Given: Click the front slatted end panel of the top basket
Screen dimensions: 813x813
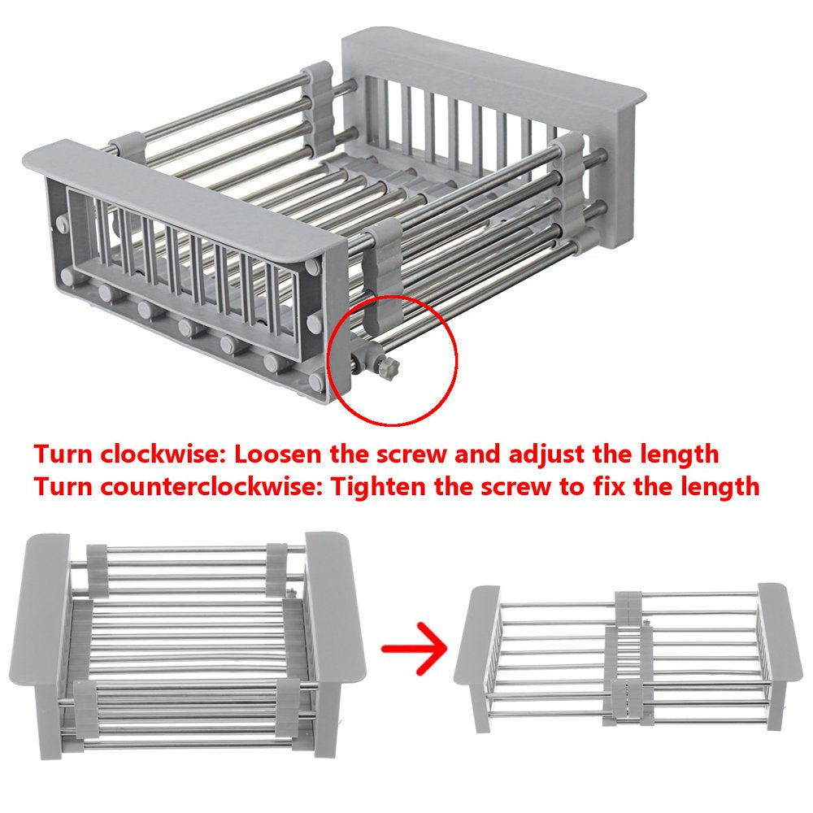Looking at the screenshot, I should (x=187, y=260).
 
